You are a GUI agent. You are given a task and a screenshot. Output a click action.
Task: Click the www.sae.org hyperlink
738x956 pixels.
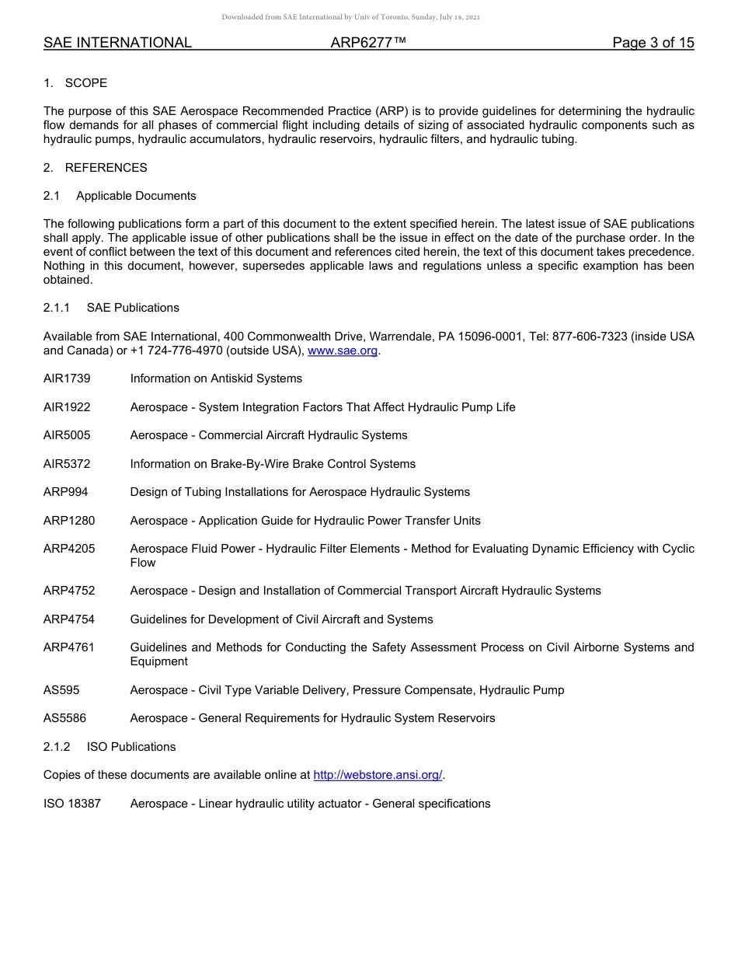click(343, 351)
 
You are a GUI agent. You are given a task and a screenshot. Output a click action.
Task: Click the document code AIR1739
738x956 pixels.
click(67, 379)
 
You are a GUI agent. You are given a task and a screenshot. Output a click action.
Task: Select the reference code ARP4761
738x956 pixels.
click(69, 647)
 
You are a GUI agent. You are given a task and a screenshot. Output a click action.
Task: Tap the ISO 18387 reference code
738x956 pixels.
click(72, 804)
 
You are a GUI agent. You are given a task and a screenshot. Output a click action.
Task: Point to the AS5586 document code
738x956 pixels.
click(65, 718)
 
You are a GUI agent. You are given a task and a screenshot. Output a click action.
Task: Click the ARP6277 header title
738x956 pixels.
click(368, 43)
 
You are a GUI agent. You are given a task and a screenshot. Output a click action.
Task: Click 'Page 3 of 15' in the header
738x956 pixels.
click(653, 43)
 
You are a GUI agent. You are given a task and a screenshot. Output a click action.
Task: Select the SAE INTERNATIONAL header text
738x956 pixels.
click(117, 43)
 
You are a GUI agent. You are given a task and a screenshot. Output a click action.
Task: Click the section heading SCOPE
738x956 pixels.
click(86, 83)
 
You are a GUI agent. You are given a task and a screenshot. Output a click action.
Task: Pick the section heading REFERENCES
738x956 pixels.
click(106, 168)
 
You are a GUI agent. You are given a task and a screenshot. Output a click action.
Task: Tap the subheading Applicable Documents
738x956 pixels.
click(136, 196)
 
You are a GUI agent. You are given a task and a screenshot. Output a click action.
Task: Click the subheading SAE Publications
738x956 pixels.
click(133, 308)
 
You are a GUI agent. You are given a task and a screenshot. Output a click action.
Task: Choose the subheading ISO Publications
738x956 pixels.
click(131, 747)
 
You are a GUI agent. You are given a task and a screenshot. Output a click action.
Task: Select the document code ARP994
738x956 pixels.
click(66, 492)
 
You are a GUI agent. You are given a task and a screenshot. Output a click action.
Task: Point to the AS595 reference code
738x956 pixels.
click(61, 690)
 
